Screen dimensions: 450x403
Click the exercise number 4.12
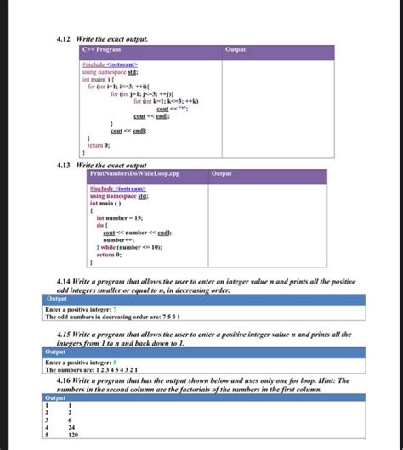61,38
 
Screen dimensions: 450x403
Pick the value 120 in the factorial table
74,435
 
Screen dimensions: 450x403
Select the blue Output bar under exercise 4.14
204,299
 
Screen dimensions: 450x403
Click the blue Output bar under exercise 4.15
204,352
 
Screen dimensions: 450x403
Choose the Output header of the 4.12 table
236,49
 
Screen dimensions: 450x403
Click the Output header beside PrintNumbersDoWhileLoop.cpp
221,173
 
